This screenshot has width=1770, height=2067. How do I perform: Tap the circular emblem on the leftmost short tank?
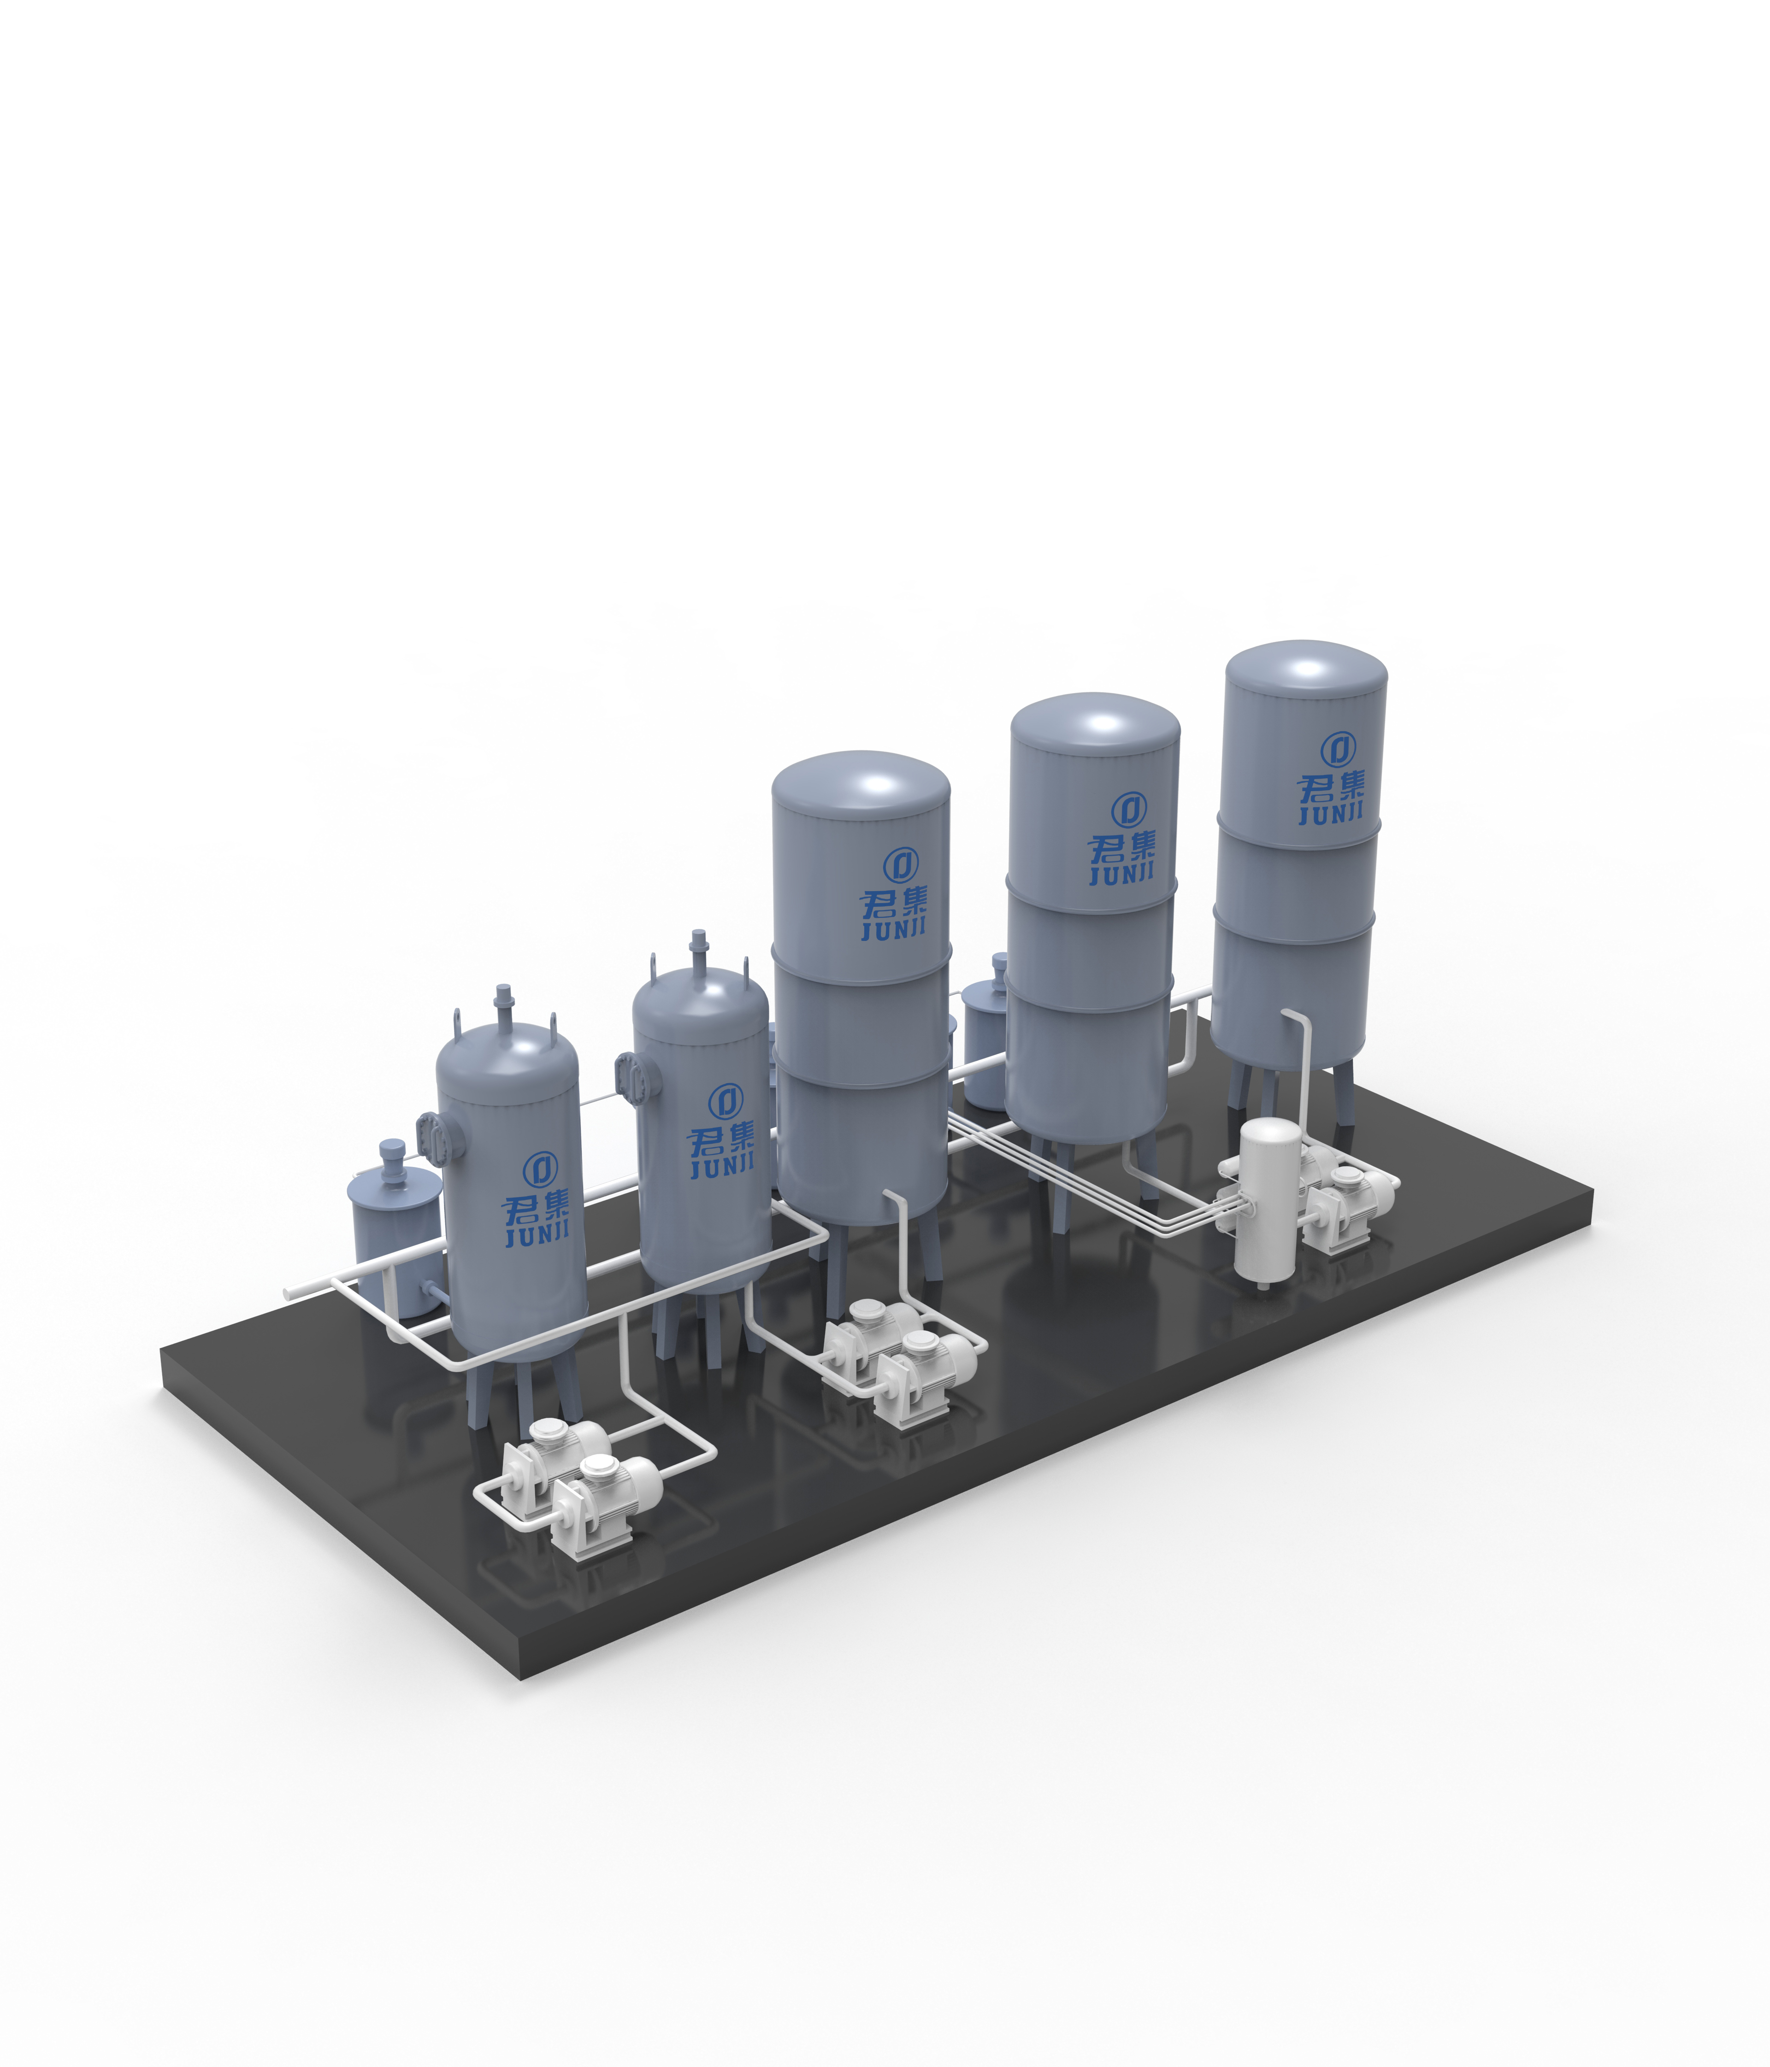coord(540,1167)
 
